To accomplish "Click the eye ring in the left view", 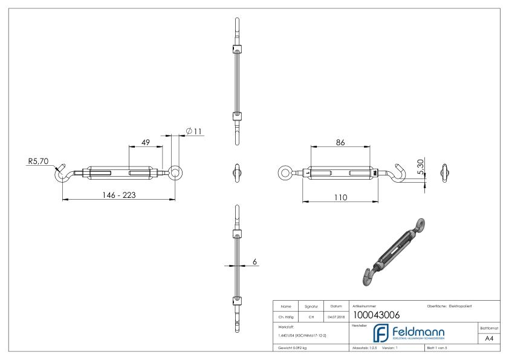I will click(x=175, y=172).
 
